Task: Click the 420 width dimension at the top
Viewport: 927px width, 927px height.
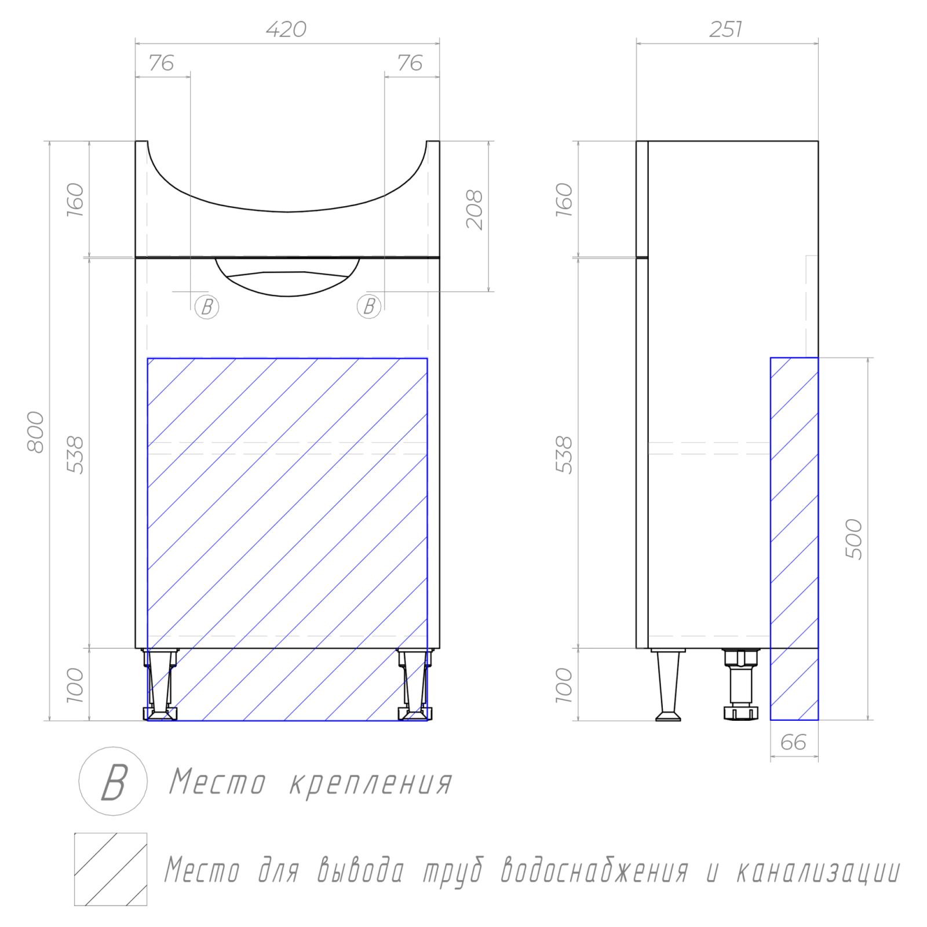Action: point(286,29)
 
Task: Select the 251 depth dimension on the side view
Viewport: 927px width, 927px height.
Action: point(725,29)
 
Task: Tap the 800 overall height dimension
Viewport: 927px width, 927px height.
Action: point(36,432)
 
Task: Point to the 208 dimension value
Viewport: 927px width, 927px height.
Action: point(475,210)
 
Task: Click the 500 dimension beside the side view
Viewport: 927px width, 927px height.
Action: point(854,539)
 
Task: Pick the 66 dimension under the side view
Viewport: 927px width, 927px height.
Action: point(793,742)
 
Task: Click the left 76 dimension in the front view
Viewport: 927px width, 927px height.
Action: point(161,63)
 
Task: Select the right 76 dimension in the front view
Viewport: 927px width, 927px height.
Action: point(410,63)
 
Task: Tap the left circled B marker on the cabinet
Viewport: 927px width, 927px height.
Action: point(207,306)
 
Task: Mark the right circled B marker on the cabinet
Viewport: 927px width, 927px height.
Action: point(369,306)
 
